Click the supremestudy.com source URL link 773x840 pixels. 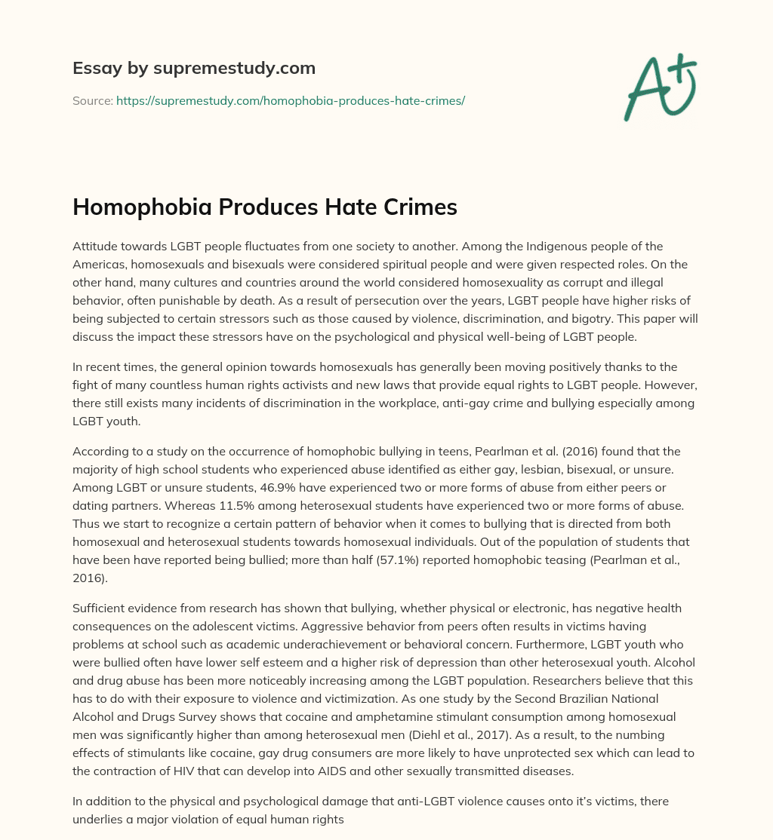290,100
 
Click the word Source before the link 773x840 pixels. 92,100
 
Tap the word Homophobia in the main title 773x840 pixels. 142,207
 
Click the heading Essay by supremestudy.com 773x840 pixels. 193,68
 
